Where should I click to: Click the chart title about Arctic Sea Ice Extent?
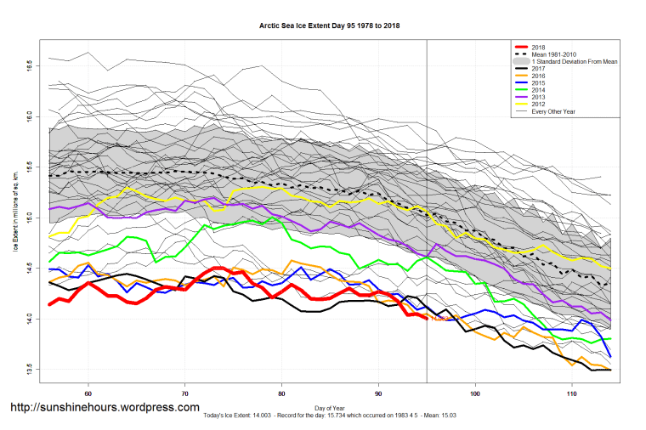click(x=330, y=26)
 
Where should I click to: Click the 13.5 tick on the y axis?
click(x=30, y=369)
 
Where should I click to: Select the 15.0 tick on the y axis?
click(x=30, y=217)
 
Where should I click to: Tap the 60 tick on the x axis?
click(x=88, y=393)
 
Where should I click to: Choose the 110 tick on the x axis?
click(x=572, y=393)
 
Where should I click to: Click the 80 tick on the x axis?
click(x=282, y=393)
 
